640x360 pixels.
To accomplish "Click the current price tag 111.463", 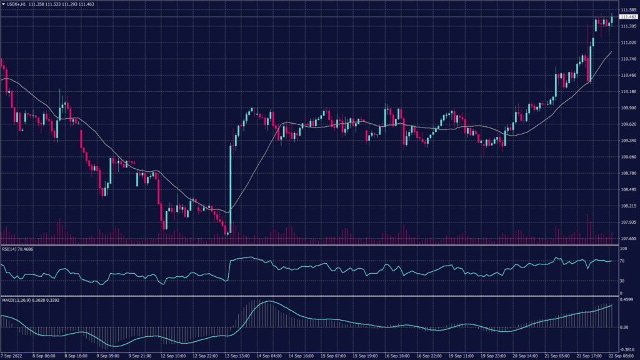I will [x=628, y=17].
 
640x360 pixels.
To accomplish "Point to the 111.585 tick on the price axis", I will [x=628, y=10].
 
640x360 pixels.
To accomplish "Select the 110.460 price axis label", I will [x=628, y=76].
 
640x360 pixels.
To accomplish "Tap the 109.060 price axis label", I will [x=628, y=157].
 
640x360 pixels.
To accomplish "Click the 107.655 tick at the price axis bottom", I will [x=628, y=239].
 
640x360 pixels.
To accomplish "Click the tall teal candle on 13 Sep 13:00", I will [x=231, y=187].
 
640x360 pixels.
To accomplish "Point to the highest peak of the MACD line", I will [x=267, y=302].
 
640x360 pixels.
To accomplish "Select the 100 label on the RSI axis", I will [x=622, y=249].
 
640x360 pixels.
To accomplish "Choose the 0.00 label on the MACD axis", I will [x=623, y=327].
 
